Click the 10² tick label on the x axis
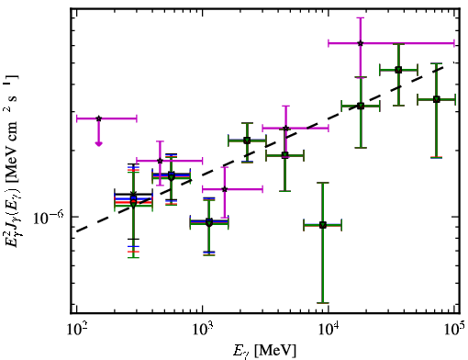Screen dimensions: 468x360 click(x=76, y=330)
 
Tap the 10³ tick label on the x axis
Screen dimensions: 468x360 click(x=202, y=330)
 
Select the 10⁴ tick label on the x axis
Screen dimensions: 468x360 click(x=329, y=330)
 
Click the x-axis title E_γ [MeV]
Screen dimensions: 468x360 click(x=264, y=351)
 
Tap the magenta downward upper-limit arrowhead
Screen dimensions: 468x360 click(x=98, y=143)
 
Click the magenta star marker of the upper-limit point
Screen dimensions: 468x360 click(x=98, y=118)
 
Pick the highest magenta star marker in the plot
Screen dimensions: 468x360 click(x=361, y=43)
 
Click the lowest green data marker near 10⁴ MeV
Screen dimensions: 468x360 click(x=323, y=225)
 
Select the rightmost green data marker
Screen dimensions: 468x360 click(x=437, y=99)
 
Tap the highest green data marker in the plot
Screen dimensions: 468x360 click(x=398, y=70)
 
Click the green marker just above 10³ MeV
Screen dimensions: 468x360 click(x=209, y=222)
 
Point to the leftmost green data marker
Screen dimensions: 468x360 click(x=133, y=203)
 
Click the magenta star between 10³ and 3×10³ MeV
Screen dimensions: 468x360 click(x=225, y=189)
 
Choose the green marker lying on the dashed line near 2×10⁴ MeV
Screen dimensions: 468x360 click(x=361, y=106)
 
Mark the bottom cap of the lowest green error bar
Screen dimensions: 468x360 click(x=323, y=303)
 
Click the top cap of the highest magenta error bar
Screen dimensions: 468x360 click(x=361, y=17)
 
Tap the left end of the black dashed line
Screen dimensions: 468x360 click(x=77, y=231)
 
